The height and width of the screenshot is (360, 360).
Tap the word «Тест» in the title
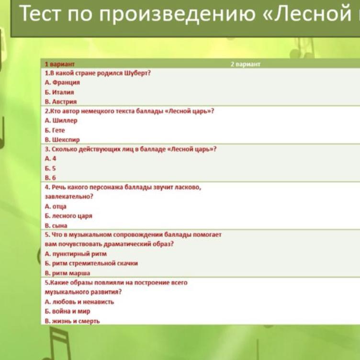click(40, 13)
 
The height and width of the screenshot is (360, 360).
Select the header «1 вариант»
click(60, 64)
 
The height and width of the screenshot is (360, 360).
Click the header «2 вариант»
click(246, 64)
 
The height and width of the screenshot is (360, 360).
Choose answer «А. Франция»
click(62, 82)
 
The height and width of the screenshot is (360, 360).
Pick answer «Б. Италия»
click(59, 92)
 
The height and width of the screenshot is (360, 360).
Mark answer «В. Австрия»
click(61, 101)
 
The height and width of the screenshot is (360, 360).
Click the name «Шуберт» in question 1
click(137, 73)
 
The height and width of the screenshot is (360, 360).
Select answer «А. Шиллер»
click(61, 121)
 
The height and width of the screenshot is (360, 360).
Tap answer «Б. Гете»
click(55, 130)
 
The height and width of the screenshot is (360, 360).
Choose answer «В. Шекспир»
click(62, 140)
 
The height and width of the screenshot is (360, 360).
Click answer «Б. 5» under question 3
click(50, 169)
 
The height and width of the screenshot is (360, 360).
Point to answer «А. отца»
click(56, 206)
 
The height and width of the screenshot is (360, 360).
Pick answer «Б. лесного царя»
click(68, 216)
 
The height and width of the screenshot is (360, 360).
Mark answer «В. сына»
click(56, 225)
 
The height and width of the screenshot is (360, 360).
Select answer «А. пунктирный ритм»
click(76, 254)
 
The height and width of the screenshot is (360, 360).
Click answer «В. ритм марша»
click(67, 273)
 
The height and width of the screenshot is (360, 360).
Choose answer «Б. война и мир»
click(67, 311)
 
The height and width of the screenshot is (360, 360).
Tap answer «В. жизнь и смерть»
click(72, 321)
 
